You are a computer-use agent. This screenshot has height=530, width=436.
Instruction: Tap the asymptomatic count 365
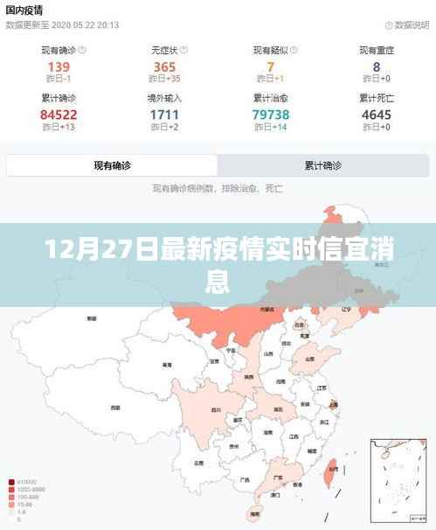point(164,67)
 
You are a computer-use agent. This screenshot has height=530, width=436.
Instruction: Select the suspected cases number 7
point(271,67)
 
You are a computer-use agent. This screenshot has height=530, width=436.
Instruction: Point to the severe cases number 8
point(377,67)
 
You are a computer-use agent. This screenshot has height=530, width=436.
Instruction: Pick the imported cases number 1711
point(164,115)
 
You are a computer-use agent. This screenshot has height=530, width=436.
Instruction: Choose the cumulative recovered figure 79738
point(271,115)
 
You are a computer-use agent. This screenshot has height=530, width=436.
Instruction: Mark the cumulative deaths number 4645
point(377,115)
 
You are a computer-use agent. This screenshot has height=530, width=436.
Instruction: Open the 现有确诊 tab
point(113,165)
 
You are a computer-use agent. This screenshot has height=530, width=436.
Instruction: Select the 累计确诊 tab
point(322,165)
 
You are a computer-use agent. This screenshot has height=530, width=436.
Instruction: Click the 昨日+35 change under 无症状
point(164,81)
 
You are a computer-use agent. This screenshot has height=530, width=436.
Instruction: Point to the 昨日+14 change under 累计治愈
point(271,129)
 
